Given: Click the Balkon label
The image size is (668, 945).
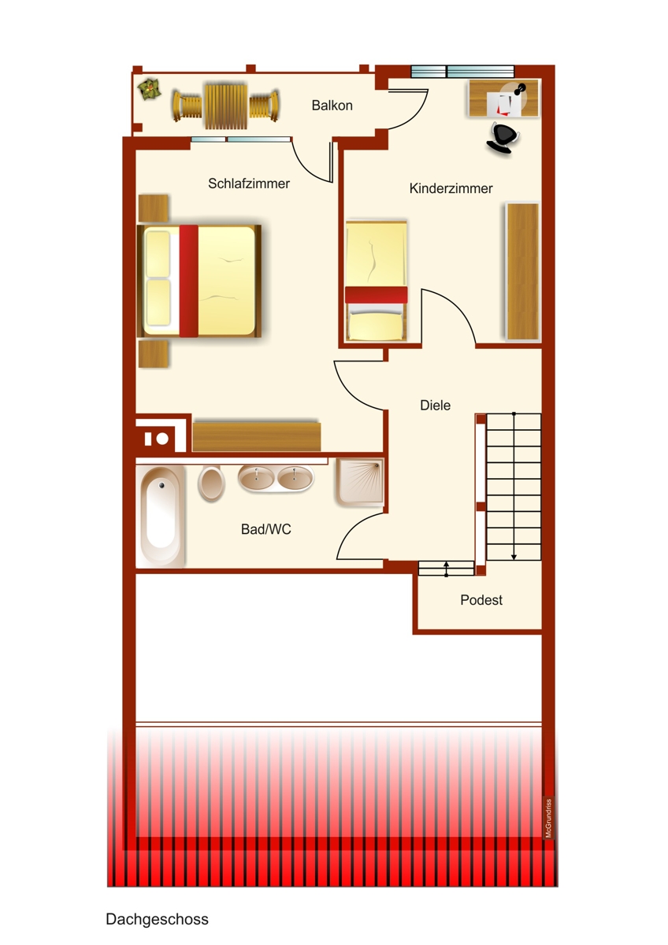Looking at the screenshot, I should tap(332, 105).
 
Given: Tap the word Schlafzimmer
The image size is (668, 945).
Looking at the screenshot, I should tap(249, 183).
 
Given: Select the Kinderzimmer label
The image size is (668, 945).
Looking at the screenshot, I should tap(451, 189).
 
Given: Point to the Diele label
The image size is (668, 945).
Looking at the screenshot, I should tap(436, 406).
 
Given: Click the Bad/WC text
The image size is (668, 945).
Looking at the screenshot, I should tap(265, 530).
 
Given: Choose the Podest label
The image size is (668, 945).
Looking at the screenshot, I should tap(481, 600).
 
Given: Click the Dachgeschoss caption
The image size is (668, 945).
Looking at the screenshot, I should tap(157, 919).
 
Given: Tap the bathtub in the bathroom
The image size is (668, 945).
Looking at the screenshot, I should tap(161, 516).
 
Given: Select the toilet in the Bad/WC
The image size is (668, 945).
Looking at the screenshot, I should tap(211, 482).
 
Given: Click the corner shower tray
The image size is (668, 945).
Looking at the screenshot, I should tap(359, 480).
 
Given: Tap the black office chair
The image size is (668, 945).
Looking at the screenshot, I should tap(502, 137).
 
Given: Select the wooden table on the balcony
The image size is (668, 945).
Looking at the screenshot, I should tap(225, 106).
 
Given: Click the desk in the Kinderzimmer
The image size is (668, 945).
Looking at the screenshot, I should tap(504, 98).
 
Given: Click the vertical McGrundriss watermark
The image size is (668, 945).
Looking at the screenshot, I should tap(548, 819).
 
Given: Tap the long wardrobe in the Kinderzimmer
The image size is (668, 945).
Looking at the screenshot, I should tap(522, 271).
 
